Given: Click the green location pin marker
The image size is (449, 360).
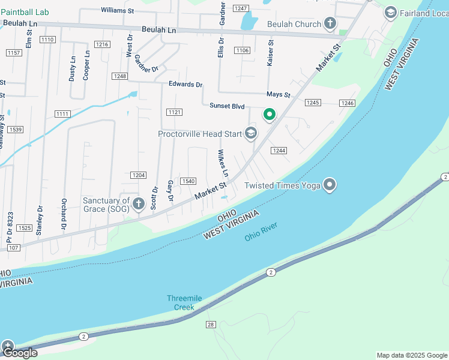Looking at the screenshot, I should [270, 113].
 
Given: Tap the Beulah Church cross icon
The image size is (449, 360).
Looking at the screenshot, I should [330, 24].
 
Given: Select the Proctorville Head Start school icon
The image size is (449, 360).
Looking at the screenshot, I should [251, 134].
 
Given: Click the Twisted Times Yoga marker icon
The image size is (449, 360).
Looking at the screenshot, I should [330, 185].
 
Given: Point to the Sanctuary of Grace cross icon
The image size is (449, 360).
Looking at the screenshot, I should [139, 205].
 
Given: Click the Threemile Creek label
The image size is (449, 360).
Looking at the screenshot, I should [181, 303].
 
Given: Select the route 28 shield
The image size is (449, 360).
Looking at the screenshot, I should [211, 325].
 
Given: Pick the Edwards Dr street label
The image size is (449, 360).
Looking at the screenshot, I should [185, 85].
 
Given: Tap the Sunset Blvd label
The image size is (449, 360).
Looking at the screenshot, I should [227, 106].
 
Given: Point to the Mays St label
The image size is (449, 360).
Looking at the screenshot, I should [279, 95].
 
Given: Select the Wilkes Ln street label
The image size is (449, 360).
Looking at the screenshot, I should [223, 163].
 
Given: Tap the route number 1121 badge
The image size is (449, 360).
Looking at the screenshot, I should [175, 112].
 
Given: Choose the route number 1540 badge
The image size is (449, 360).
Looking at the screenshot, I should [188, 181].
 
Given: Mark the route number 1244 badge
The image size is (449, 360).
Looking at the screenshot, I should [277, 150].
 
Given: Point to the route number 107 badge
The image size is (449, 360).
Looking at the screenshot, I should [13, 248].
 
